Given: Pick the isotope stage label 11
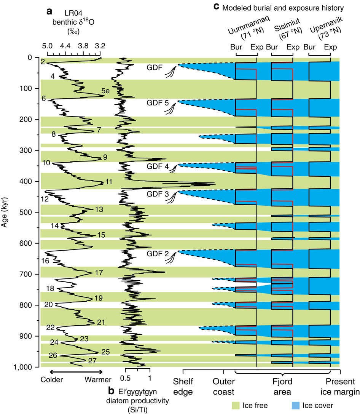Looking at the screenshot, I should (109, 182).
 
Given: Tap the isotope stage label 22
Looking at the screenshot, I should (50, 327).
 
